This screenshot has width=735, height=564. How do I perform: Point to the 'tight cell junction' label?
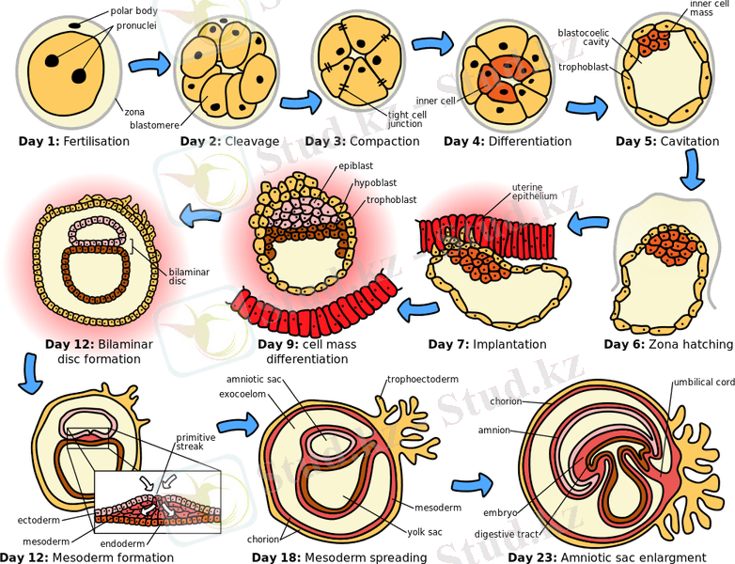(x=405, y=119)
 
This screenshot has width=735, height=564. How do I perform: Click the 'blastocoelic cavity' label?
(x=585, y=37)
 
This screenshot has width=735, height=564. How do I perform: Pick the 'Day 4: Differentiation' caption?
(x=508, y=142)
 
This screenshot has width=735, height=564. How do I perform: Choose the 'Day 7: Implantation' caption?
(x=487, y=344)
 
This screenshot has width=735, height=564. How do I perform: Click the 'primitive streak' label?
(x=199, y=441)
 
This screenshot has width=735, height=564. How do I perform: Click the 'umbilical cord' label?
(x=703, y=383)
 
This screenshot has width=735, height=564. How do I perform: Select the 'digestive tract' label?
(x=506, y=534)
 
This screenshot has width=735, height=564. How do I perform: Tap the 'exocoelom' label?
(x=249, y=396)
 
